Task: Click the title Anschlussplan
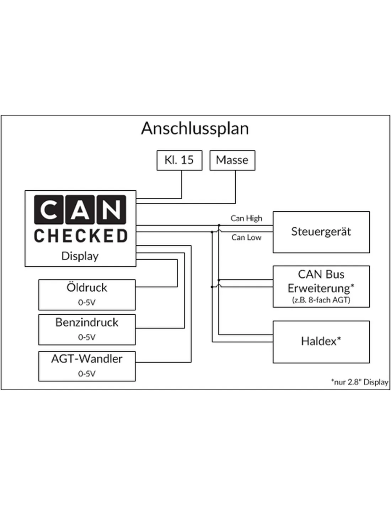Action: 195,129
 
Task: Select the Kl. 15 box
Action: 179,160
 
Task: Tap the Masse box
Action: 232,160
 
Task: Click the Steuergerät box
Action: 321,232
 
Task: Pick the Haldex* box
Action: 321,341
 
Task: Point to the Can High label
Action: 246,218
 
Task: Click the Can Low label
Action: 246,237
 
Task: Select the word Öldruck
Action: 87,287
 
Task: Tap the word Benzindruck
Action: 87,322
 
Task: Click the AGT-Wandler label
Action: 87,359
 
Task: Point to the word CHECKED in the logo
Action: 80,236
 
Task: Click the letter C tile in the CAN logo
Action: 49,210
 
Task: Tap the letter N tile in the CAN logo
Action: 111,210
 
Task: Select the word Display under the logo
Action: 80,256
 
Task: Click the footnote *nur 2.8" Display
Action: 359,382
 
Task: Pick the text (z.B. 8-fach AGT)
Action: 321,300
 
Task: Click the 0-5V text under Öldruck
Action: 87,303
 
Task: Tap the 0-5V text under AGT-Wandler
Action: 87,374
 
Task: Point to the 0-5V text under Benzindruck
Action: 87,337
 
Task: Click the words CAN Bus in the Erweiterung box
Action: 321,274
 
